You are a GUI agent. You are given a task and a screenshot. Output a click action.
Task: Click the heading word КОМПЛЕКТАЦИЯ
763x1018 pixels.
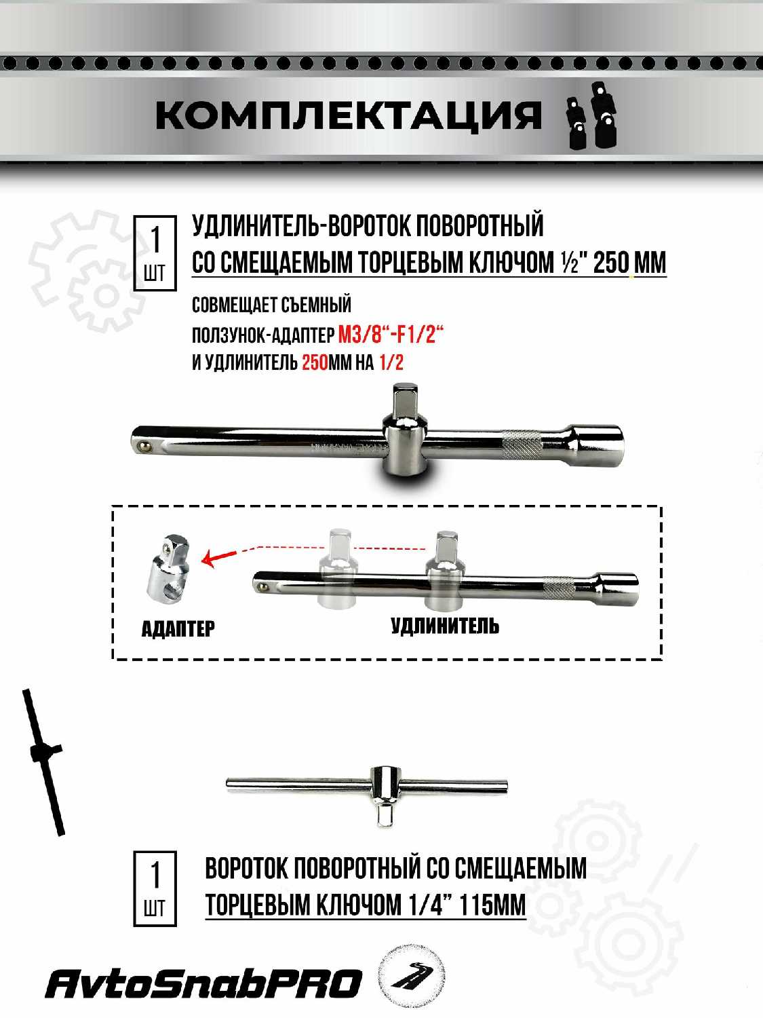[x=348, y=115]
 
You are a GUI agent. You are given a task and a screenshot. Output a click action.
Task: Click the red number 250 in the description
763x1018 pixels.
[x=315, y=362]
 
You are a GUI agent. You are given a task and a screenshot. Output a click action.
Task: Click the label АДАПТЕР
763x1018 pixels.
[x=178, y=628]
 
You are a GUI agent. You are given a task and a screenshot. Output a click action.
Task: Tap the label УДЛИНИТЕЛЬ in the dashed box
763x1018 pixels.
[x=445, y=626]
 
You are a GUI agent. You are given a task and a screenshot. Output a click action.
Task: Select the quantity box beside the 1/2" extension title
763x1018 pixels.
[x=155, y=254]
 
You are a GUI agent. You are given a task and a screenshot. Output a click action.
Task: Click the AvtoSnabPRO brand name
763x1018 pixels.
[x=203, y=984]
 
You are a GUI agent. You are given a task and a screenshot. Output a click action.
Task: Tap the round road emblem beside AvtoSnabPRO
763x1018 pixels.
[x=412, y=976]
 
